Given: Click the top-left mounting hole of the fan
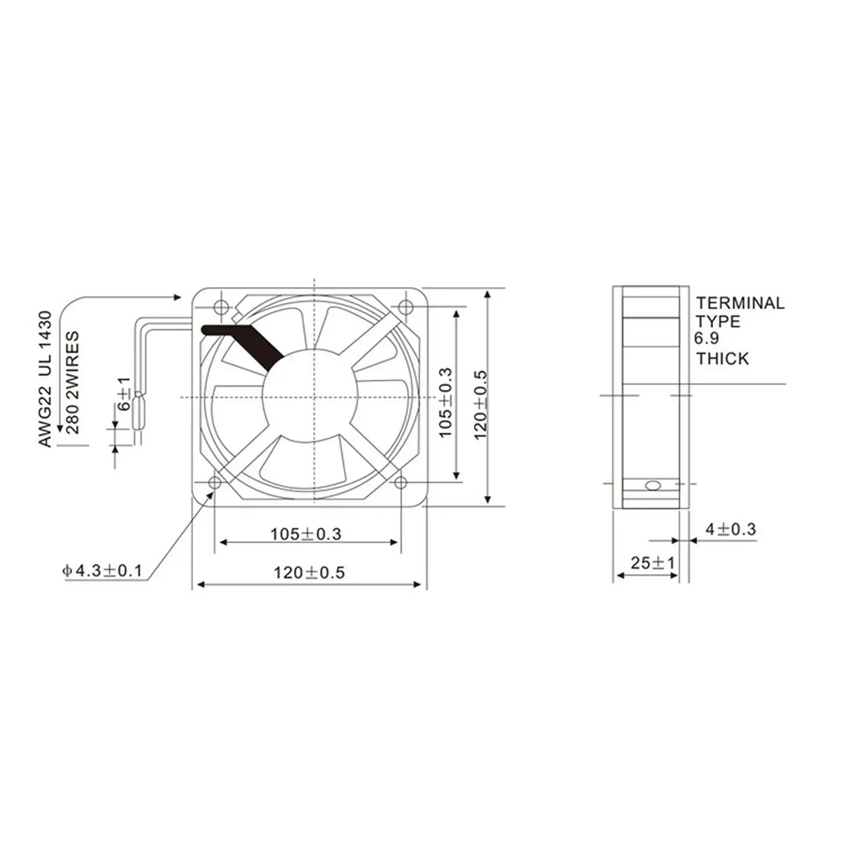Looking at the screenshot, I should (220, 306).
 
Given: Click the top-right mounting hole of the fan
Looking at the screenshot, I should (405, 306).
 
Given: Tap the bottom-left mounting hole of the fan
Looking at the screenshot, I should (215, 482).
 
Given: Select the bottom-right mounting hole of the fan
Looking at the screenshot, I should (401, 482).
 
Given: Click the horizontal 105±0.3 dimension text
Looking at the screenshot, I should (305, 534).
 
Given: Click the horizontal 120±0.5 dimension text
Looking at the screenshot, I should (309, 572).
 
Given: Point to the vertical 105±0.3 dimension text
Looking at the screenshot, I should (446, 402).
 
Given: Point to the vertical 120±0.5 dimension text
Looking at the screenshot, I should (481, 405).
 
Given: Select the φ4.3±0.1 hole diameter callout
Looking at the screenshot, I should (102, 570).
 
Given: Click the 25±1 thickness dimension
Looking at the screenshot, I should (653, 563).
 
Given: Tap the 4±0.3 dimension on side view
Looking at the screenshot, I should (731, 529).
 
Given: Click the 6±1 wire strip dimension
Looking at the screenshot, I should (124, 394).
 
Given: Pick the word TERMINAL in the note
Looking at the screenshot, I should (740, 303).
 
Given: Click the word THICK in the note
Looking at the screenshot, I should (722, 359).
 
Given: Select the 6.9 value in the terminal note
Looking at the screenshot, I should (706, 338).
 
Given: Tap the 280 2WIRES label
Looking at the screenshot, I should (72, 382).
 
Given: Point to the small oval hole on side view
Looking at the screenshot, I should (653, 485).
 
